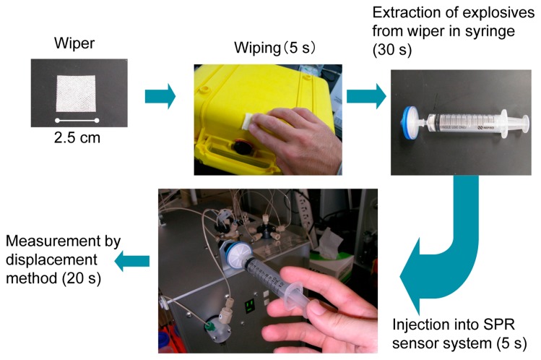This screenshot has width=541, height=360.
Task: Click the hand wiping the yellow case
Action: tap(296, 141)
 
